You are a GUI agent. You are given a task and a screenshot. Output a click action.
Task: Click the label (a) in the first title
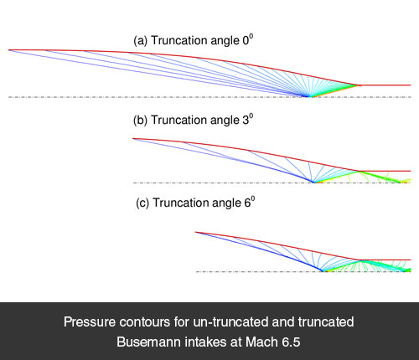coord(140,41)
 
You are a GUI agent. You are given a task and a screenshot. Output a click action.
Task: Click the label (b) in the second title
coord(140,121)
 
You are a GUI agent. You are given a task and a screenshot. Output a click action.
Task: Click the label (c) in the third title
coord(142,203)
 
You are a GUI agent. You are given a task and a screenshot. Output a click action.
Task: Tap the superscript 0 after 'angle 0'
coord(251,37)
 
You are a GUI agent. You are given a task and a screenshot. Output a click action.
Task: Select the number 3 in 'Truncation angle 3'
coord(246,121)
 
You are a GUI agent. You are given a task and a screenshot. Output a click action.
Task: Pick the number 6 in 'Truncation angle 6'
coord(247,203)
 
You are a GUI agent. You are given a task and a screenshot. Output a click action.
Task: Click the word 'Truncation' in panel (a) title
coord(179,40)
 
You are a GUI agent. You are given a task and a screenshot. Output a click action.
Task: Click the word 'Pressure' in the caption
coord(90,321)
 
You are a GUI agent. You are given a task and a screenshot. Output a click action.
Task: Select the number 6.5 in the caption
coord(291,342)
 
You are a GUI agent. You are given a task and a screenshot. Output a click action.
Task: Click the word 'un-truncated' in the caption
coord(230,321)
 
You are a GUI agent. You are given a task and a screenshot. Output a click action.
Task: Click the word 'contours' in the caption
coord(144,321)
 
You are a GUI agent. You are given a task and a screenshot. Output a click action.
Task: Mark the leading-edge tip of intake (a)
coord(8,50)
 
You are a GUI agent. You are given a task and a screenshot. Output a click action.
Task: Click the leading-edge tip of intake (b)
coord(133,138)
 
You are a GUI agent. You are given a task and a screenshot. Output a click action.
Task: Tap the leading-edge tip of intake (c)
coord(195,232)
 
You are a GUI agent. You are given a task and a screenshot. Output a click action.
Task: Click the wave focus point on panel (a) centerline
coord(309,96)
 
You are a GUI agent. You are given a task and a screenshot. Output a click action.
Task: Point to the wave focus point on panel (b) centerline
coord(313,183)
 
